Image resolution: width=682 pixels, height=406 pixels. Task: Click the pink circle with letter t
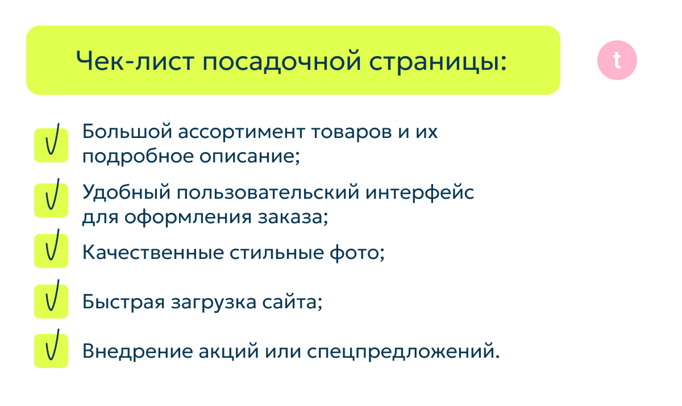[x=617, y=60]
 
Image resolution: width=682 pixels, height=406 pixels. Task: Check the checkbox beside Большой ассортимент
[x=51, y=145]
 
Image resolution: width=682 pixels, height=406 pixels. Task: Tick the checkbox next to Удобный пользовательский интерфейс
[x=51, y=200]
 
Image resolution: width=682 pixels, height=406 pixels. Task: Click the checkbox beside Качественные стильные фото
[x=51, y=250]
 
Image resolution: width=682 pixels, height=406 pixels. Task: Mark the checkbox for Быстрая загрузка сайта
[x=51, y=301]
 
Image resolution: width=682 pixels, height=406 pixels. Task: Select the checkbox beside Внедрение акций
[x=51, y=351]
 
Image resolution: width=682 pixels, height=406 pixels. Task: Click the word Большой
[x=127, y=131]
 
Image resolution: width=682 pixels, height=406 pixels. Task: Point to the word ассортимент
[x=242, y=132]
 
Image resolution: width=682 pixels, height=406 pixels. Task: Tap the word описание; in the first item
[x=249, y=157]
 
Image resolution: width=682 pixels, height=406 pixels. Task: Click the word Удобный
[x=126, y=192]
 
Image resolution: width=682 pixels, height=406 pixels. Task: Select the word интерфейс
[x=419, y=193]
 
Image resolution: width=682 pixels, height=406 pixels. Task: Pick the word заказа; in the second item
[x=293, y=217]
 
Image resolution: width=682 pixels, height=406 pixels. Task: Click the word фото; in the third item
[x=357, y=253]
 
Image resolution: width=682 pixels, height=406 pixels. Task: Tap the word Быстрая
[x=124, y=302]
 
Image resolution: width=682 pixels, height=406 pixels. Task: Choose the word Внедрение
[x=138, y=351]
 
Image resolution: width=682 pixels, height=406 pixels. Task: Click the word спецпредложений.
[x=403, y=351]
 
